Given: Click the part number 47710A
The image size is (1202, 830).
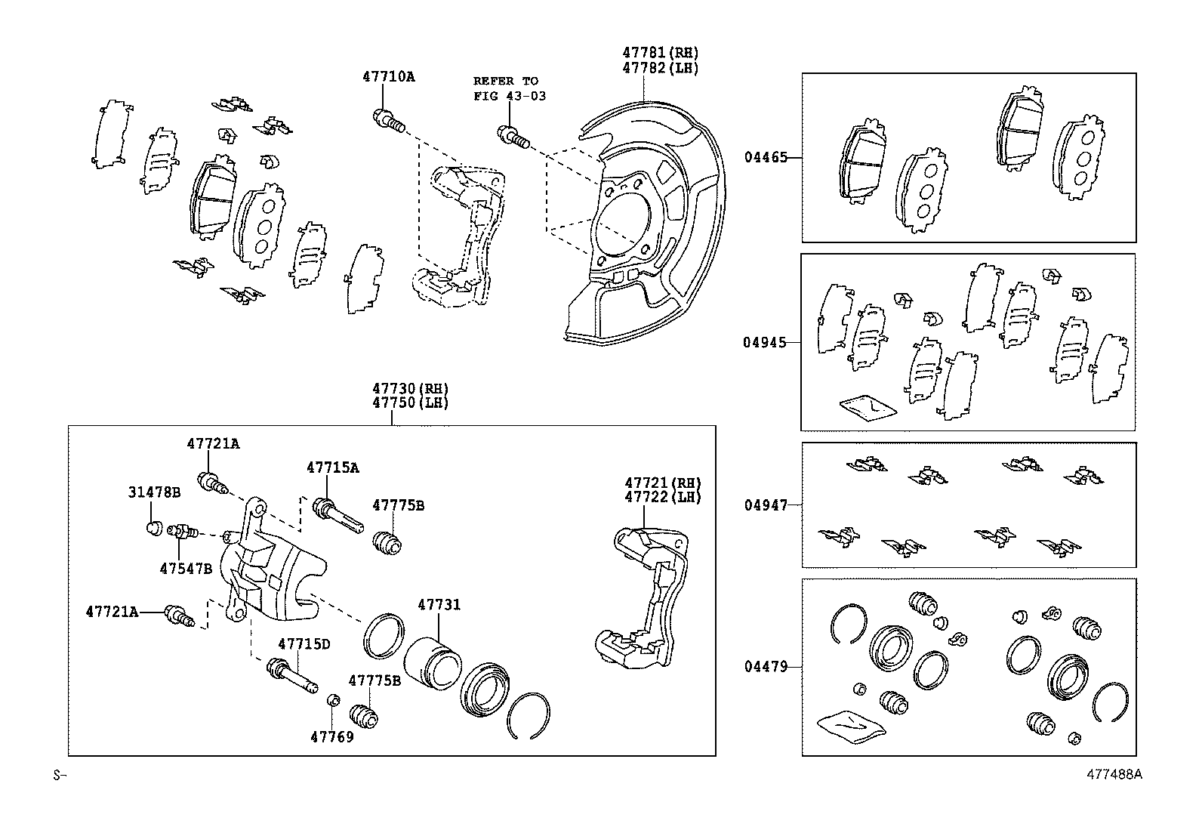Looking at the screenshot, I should (388, 76).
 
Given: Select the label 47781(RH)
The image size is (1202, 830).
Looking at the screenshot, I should (660, 53).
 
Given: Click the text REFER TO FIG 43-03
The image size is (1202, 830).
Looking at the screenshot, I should (509, 88).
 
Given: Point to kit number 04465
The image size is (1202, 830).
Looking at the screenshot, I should (765, 158).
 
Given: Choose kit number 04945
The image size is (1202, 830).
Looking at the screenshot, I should (765, 342).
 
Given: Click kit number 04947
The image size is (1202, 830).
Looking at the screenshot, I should (765, 505).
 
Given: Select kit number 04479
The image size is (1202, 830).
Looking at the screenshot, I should (765, 667).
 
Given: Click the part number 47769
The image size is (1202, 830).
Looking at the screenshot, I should (331, 736).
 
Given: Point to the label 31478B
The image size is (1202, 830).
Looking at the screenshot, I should (153, 492).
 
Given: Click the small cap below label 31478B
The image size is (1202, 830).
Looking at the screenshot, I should (154, 526).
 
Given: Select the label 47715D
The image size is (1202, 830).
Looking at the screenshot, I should (304, 644).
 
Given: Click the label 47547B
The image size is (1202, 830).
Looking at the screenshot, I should (186, 568).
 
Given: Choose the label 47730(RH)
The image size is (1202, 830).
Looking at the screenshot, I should (410, 388).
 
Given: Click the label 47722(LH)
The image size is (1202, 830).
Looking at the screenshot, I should (662, 498).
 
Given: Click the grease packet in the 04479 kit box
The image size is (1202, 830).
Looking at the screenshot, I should (849, 726).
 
